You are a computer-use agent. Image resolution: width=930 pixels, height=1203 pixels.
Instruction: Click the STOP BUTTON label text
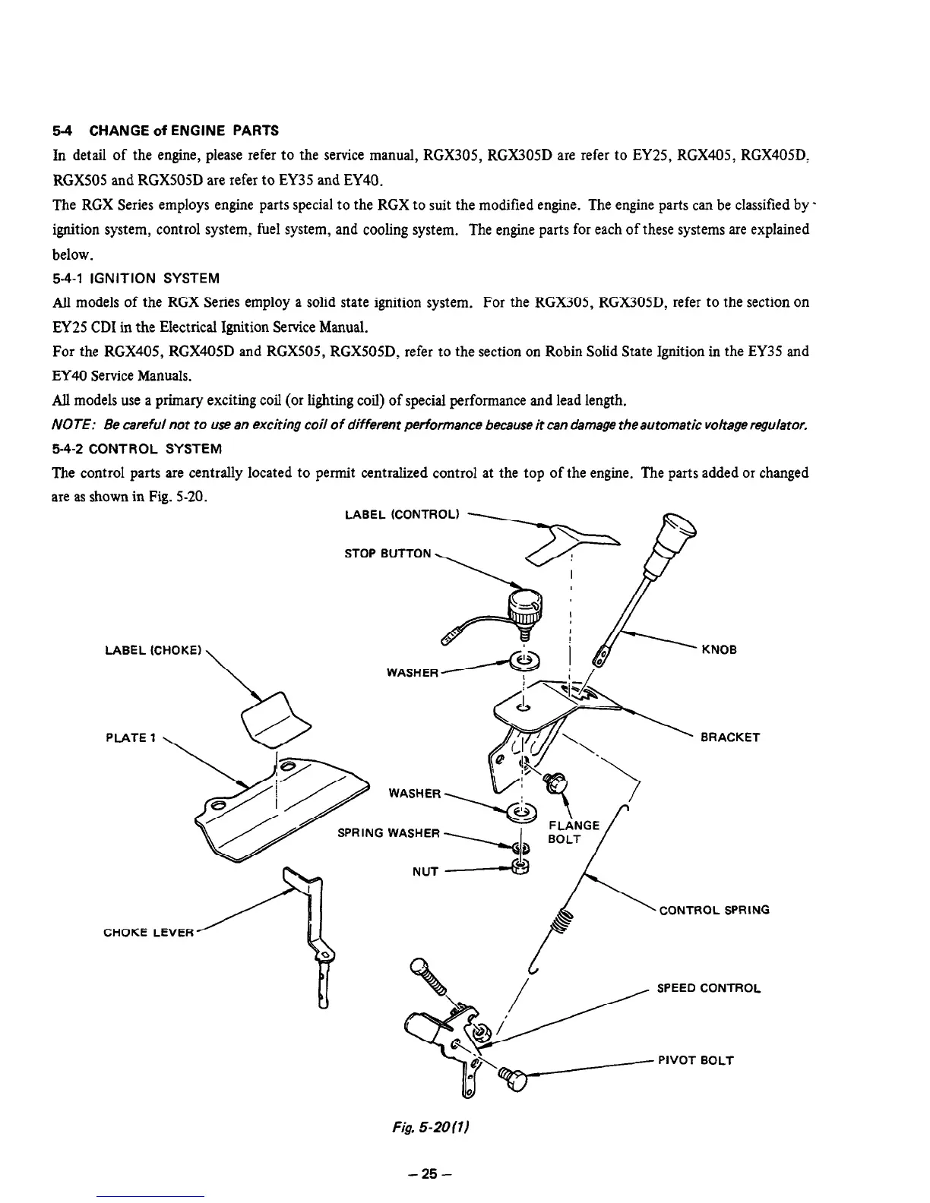pyautogui.click(x=387, y=554)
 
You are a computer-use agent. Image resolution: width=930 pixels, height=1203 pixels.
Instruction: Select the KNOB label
pyautogui.click(x=719, y=650)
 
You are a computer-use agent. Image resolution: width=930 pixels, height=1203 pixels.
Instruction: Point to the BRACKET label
pyautogui.click(x=729, y=737)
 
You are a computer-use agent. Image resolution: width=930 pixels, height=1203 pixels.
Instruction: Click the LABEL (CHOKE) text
pyautogui.click(x=153, y=650)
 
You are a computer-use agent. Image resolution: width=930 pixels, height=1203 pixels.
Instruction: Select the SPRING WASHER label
pyautogui.click(x=388, y=833)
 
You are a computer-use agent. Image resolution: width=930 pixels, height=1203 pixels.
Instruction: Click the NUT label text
pyautogui.click(x=425, y=871)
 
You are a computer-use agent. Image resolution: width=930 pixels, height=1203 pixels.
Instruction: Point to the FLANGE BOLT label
pyautogui.click(x=574, y=832)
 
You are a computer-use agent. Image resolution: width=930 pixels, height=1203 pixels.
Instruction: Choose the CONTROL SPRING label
pyautogui.click(x=714, y=910)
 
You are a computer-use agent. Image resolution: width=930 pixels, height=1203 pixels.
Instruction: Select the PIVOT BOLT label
pyautogui.click(x=696, y=1060)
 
